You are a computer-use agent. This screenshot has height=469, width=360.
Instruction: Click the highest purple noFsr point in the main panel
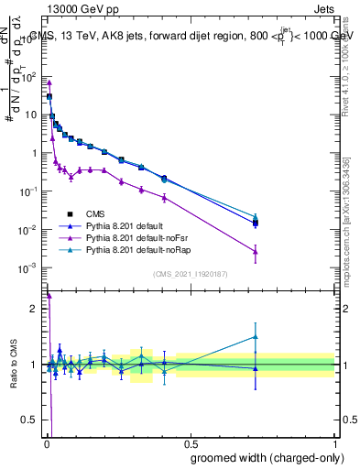49,82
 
